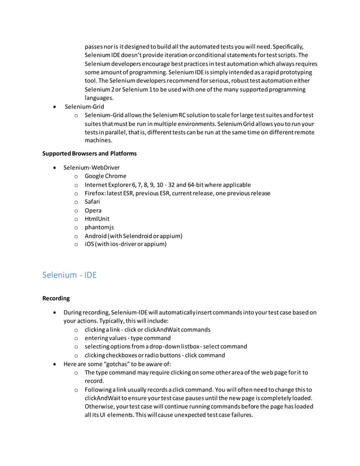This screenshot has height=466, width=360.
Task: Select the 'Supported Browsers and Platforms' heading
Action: tap(90, 153)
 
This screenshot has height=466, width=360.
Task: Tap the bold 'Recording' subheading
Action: tap(56, 298)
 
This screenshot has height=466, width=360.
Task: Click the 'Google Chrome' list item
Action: tap(106, 176)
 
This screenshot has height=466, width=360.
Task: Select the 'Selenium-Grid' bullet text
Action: tap(84, 107)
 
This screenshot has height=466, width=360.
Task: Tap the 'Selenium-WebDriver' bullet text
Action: tap(91, 168)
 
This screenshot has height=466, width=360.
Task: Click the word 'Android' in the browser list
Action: tap(96, 236)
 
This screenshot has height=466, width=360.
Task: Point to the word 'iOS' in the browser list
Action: tap(90, 244)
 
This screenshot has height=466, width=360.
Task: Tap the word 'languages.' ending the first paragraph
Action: tap(99, 98)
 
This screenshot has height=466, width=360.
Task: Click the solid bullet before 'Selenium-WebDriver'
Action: tap(54, 168)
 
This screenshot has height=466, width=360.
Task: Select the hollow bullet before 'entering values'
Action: tap(76, 338)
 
